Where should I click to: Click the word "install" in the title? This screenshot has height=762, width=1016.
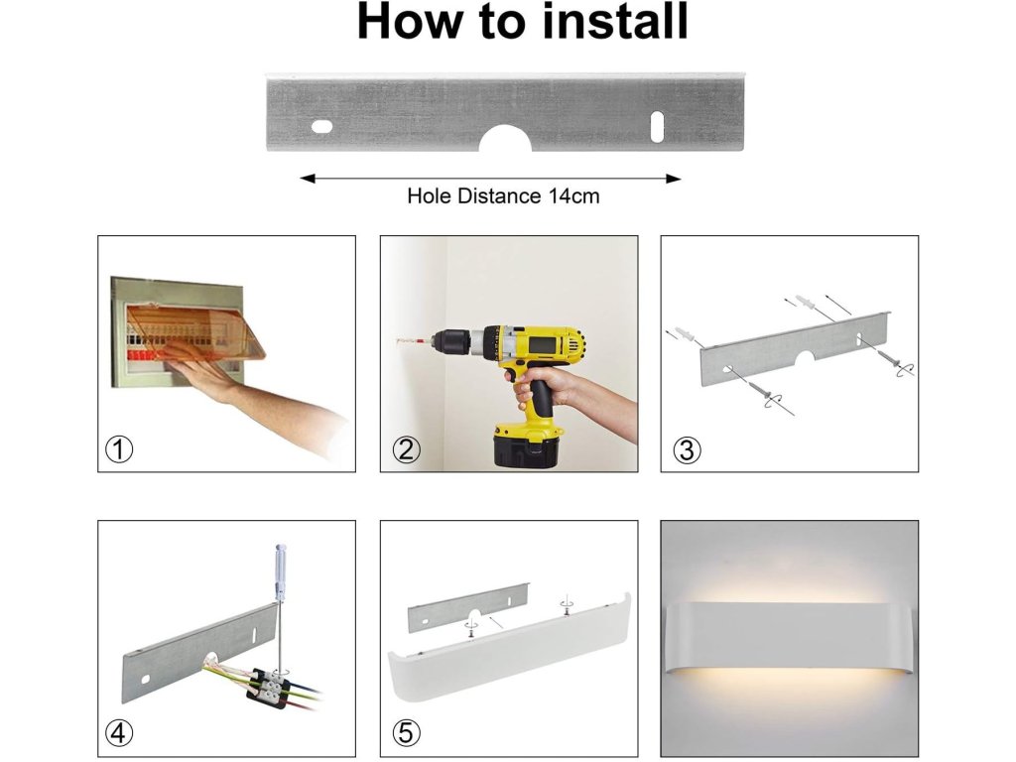coord(615,21)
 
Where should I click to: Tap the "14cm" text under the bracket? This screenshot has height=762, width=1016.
coord(574,196)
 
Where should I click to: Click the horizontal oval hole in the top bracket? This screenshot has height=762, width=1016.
coord(322,126)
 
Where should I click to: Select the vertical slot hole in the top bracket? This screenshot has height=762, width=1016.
coord(657,126)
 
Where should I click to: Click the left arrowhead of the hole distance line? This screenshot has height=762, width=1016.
coord(308,179)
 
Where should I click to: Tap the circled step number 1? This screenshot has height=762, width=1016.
coord(119,449)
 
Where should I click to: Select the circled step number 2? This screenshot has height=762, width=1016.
coord(406,449)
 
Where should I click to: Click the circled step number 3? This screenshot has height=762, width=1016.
coord(687,449)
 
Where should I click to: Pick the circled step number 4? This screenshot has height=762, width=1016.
coord(119,733)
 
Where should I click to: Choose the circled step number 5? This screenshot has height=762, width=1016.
coord(406,733)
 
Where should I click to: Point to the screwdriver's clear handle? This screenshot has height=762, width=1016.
coord(281,571)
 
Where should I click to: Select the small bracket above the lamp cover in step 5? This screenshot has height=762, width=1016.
coord(468,607)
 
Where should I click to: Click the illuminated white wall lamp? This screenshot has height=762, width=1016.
coord(789,638)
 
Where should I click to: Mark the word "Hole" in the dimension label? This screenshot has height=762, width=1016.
coord(430,196)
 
